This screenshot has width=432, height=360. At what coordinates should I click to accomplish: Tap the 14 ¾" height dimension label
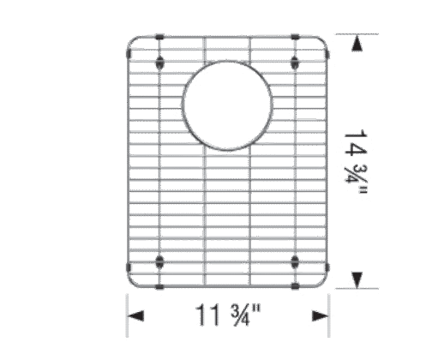tap(356, 162)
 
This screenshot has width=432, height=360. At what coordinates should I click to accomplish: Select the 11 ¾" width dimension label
tap(228, 315)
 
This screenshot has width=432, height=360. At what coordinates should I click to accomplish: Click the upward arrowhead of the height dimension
tap(357, 45)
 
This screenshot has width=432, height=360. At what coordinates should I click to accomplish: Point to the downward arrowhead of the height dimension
tap(357, 279)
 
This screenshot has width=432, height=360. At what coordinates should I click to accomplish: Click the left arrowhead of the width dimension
tap(135, 316)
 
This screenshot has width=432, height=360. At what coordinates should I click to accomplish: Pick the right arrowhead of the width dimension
tap(320, 316)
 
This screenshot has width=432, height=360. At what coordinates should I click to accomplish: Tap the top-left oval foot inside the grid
tap(159, 63)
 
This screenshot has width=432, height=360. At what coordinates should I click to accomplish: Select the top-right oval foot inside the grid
tap(295, 63)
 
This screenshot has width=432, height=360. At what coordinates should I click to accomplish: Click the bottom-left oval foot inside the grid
tap(159, 262)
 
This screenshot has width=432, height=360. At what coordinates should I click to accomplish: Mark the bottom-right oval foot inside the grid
tap(295, 262)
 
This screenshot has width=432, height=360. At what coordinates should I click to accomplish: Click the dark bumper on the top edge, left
tap(159, 37)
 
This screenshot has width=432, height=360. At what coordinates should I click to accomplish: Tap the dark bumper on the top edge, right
tap(295, 37)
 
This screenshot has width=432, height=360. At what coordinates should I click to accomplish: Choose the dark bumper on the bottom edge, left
tap(159, 286)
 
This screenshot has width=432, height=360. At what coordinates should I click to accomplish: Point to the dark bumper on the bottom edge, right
tap(295, 286)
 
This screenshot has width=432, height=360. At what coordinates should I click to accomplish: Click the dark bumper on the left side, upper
tap(128, 53)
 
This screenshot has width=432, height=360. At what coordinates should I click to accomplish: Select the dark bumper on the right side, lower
tap(327, 267)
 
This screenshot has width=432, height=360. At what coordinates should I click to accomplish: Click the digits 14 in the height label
tap(356, 143)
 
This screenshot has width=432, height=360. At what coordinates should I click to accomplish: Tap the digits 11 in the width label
tap(207, 315)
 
